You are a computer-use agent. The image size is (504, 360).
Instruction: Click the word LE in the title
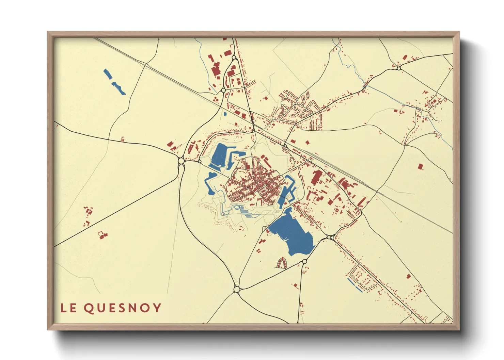[68, 308]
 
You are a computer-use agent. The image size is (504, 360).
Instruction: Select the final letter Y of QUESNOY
[157, 308]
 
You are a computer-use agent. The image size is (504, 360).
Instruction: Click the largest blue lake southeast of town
[293, 235]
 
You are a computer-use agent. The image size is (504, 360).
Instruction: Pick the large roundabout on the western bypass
[181, 160]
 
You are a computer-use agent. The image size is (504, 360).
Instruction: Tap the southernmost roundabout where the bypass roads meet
[237, 289]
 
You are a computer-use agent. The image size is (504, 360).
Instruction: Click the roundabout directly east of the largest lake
[329, 237]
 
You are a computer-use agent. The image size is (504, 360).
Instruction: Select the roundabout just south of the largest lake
[304, 261]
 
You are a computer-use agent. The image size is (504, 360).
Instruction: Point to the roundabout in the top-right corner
[398, 68]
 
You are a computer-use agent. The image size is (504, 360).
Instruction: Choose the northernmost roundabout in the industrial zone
[234, 58]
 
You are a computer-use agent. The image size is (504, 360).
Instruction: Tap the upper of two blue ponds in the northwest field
[107, 74]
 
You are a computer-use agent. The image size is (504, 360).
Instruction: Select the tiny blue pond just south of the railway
[225, 114]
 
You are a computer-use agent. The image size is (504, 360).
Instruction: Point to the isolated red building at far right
[421, 166]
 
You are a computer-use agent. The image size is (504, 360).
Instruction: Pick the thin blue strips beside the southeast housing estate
[355, 285]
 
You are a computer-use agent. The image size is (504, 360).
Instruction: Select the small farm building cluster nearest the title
[103, 234]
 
